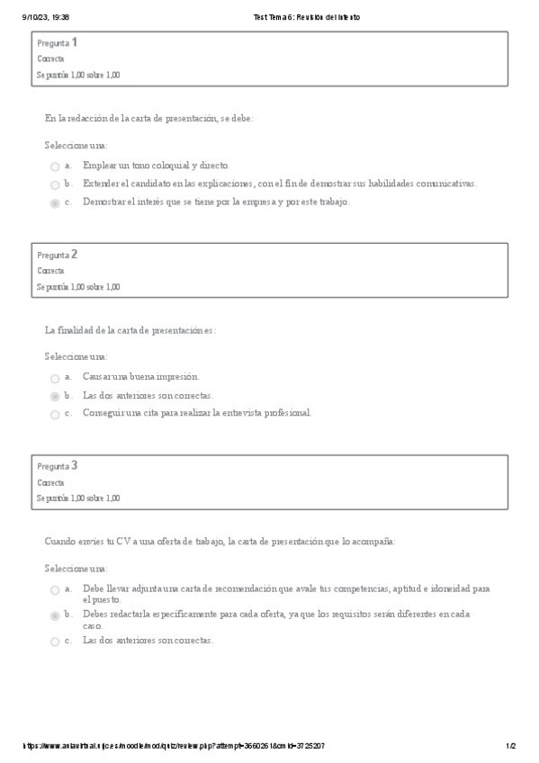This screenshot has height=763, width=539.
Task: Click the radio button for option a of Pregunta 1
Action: point(55,166)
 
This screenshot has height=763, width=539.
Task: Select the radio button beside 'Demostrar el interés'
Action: point(55,203)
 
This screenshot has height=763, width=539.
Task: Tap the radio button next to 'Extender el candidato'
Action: point(55,184)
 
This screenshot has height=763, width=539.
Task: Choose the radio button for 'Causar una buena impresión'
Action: point(55,378)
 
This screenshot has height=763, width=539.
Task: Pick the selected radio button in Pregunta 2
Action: point(55,396)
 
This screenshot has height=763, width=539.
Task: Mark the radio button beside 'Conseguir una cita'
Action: point(55,415)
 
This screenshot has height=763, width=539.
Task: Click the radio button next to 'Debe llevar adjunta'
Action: point(55,590)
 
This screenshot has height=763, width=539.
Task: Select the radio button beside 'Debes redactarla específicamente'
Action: point(55,615)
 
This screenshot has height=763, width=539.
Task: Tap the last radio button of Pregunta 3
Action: point(55,642)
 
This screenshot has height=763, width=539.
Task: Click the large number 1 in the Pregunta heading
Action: point(74,42)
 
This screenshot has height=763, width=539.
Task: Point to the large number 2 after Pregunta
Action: point(74,254)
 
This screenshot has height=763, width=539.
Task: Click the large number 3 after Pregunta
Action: point(74,465)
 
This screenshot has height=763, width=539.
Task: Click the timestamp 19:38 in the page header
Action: point(59,17)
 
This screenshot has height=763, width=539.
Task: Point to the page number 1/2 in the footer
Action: point(510,746)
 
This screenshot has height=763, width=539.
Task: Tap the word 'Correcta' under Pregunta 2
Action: point(51,271)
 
